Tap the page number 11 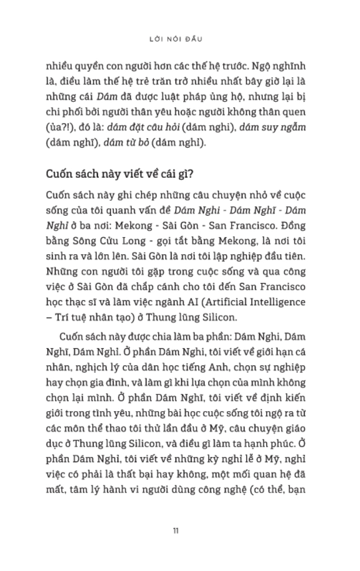click(176, 531)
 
